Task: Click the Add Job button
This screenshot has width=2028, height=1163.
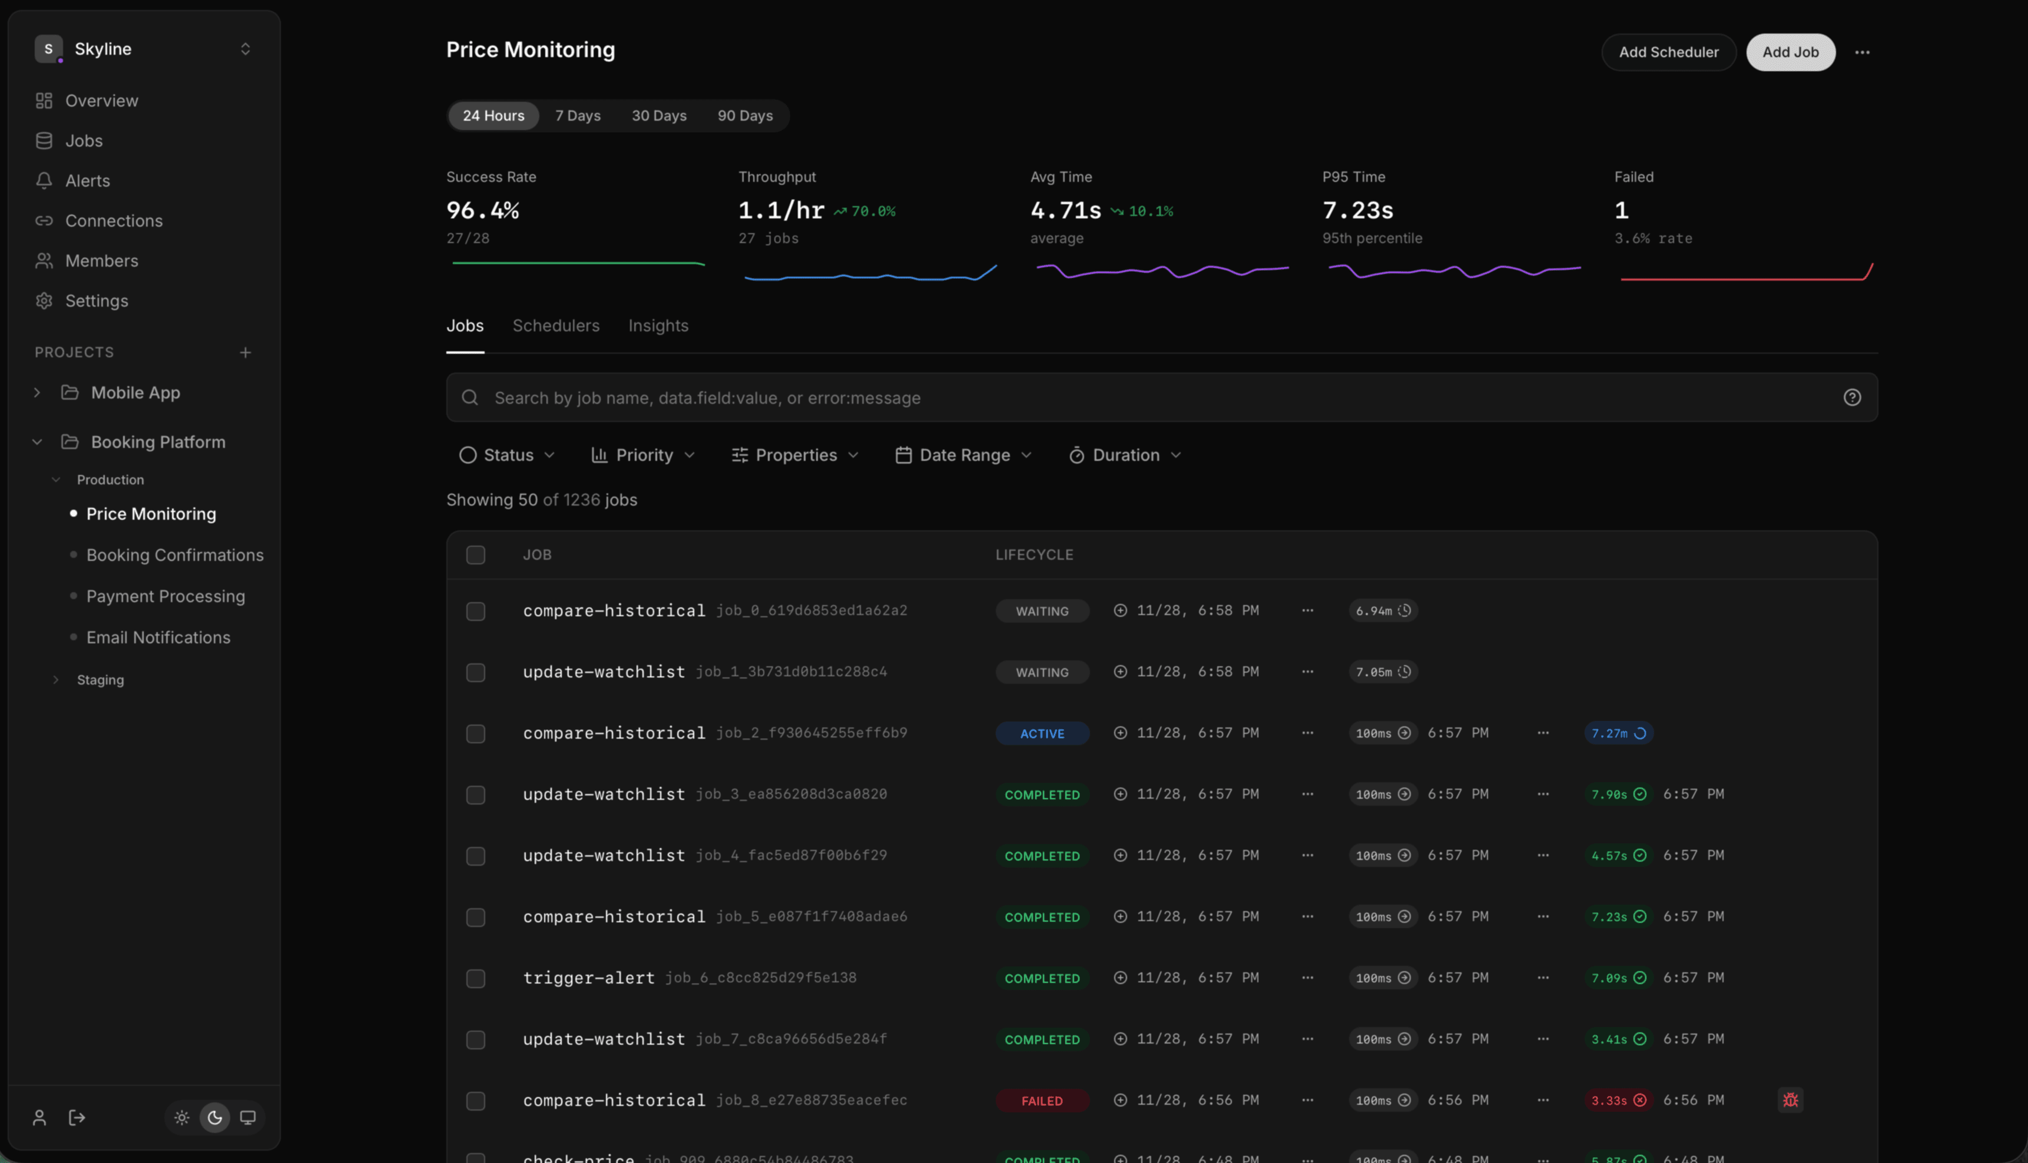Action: [1790, 52]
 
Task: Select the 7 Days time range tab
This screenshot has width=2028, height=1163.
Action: [577, 116]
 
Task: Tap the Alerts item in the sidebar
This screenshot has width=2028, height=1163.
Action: [87, 181]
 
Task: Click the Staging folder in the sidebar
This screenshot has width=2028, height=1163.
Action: [100, 680]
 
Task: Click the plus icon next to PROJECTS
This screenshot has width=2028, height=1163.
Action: [246, 352]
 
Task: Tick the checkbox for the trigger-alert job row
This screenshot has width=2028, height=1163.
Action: [475, 978]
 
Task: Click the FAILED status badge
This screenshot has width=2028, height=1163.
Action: [1041, 1101]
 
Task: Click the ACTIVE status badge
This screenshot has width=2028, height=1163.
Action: [1041, 733]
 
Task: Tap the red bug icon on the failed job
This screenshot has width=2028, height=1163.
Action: [1790, 1100]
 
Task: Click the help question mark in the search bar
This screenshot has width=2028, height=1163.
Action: [1851, 398]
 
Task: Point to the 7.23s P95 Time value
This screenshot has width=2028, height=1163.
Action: [1357, 210]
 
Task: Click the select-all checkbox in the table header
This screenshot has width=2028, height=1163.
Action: [475, 554]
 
